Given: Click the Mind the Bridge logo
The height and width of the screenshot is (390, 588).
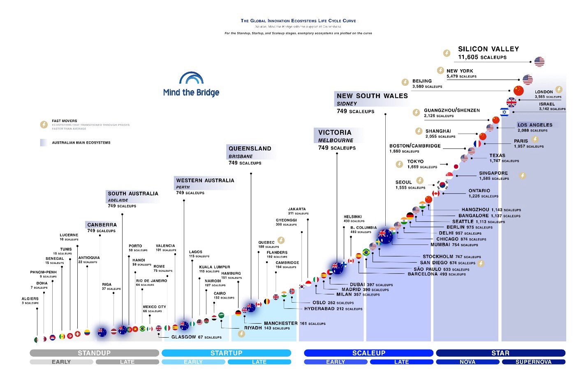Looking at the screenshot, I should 191,84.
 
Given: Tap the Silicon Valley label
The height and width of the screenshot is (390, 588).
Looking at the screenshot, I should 488,49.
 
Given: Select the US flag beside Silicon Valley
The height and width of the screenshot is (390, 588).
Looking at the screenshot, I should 539,62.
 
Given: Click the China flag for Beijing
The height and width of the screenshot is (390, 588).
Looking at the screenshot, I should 519,91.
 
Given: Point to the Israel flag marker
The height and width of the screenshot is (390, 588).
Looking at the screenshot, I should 505,112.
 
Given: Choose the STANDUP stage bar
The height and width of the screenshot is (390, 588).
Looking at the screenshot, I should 94,353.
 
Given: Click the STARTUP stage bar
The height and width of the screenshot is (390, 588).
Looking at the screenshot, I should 226,353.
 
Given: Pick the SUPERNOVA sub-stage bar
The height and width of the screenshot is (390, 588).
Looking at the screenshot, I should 533,362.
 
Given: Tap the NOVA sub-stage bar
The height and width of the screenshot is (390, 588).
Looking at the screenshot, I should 468,362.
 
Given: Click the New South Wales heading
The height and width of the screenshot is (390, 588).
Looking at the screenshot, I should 372,96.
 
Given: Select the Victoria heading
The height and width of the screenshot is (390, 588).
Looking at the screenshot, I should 335,133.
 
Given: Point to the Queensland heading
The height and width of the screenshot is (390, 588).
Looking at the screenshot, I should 250,149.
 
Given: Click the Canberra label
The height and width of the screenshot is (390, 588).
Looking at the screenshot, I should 102,225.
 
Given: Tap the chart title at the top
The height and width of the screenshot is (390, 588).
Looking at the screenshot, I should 298,21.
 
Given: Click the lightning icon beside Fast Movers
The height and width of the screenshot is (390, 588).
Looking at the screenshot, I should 44,124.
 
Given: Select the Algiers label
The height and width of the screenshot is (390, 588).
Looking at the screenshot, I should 30,299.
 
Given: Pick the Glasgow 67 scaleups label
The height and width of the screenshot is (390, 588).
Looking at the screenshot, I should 196,337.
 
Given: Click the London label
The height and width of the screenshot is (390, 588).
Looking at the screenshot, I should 544,92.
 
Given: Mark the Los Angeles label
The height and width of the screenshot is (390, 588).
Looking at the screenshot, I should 535,125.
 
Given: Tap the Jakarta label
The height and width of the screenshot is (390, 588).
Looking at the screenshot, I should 297,209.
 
